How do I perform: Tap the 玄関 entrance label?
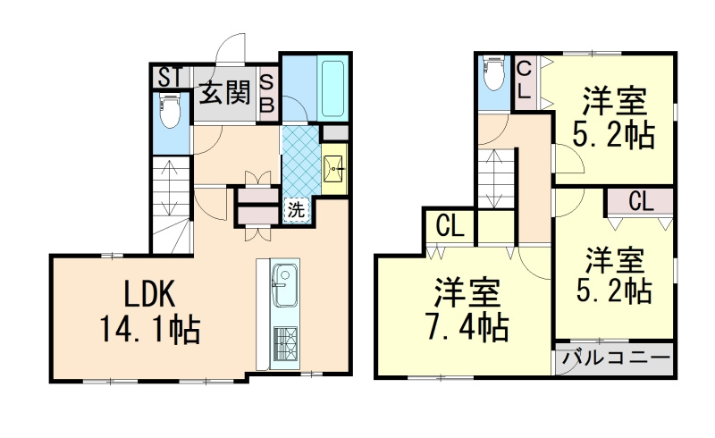click(x=223, y=92)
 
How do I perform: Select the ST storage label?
click(x=169, y=77)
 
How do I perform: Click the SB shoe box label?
click(x=266, y=93)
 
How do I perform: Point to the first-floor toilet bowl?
click(x=170, y=113)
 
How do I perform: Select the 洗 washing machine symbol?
click(x=296, y=211)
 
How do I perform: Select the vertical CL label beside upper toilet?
click(x=525, y=79)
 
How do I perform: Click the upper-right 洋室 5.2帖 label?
click(x=615, y=116)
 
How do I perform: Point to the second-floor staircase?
click(x=496, y=179)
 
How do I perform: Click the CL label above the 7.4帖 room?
click(x=450, y=227)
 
